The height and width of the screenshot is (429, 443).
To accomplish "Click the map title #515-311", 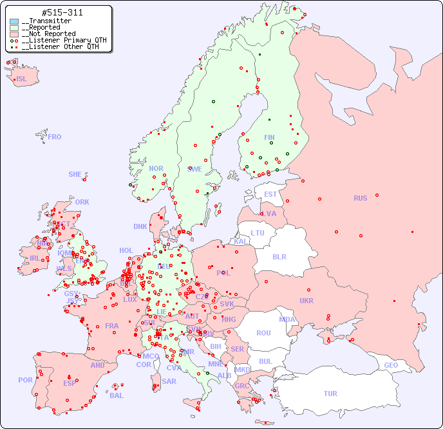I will (61, 13).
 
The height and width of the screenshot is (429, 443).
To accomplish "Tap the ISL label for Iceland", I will (22, 79).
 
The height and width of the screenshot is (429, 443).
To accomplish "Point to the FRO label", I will (55, 137).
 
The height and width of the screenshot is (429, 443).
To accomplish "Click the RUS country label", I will (360, 198).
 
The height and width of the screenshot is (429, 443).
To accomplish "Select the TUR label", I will (330, 394).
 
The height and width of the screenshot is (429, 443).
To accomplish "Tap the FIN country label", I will (269, 137).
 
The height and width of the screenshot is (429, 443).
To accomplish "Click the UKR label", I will (306, 301).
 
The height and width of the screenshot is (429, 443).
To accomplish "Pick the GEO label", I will (391, 365).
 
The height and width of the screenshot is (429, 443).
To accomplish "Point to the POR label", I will (25, 380).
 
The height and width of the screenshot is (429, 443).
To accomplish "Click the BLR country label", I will (279, 256).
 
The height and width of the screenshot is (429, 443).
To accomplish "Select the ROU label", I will (263, 333).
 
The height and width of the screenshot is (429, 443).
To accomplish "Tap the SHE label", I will (75, 174).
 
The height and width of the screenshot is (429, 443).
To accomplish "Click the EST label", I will (270, 194).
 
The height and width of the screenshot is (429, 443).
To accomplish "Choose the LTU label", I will (258, 233).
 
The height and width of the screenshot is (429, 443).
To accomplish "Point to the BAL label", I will (117, 395).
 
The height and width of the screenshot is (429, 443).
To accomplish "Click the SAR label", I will (169, 381).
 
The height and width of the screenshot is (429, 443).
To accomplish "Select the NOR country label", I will (156, 168).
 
